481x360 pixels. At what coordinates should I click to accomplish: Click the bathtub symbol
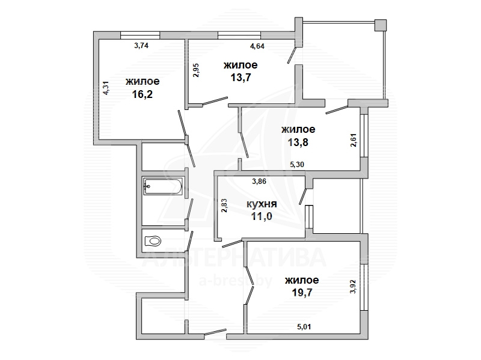[x=163, y=186]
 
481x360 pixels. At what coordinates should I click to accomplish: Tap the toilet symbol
[x=153, y=241]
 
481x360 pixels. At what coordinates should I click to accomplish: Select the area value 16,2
[x=142, y=94]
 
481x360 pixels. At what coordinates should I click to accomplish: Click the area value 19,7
[x=302, y=293]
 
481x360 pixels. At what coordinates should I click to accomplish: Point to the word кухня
[x=262, y=204]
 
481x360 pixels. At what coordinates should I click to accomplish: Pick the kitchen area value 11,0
[x=262, y=216]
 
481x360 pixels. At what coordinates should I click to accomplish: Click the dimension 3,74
[x=141, y=46]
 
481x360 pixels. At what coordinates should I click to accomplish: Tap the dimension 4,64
[x=257, y=46]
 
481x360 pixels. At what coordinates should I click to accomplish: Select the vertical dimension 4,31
[x=106, y=88]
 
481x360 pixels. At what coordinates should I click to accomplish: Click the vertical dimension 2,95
[x=196, y=70]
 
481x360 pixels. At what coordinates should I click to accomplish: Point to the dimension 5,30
[x=297, y=164]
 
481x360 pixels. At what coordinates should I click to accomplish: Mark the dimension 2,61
[x=354, y=140]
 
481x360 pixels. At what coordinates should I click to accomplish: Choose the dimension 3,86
[x=259, y=182]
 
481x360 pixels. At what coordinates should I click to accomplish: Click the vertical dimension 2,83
[x=224, y=206]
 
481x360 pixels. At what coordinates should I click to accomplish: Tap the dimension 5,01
[x=304, y=327]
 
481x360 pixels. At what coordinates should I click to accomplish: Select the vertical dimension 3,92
[x=353, y=287]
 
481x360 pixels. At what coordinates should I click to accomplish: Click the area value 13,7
[x=241, y=78]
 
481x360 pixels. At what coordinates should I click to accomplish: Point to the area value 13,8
[x=298, y=142]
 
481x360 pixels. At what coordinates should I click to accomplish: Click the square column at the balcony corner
[x=381, y=25]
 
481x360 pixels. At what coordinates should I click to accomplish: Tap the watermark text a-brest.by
[x=236, y=281]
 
